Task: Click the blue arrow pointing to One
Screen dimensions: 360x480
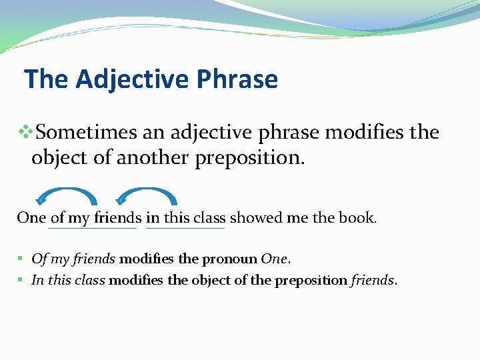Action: click(x=66, y=195)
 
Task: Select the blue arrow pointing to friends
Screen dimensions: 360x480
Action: click(x=147, y=195)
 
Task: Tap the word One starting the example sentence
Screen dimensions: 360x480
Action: click(x=31, y=218)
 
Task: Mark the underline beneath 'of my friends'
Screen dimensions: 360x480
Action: click(x=93, y=229)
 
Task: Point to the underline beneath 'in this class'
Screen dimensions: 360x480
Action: click(x=185, y=229)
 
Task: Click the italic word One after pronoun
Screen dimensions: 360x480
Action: click(x=275, y=259)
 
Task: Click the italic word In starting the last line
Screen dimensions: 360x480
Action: click(x=37, y=280)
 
